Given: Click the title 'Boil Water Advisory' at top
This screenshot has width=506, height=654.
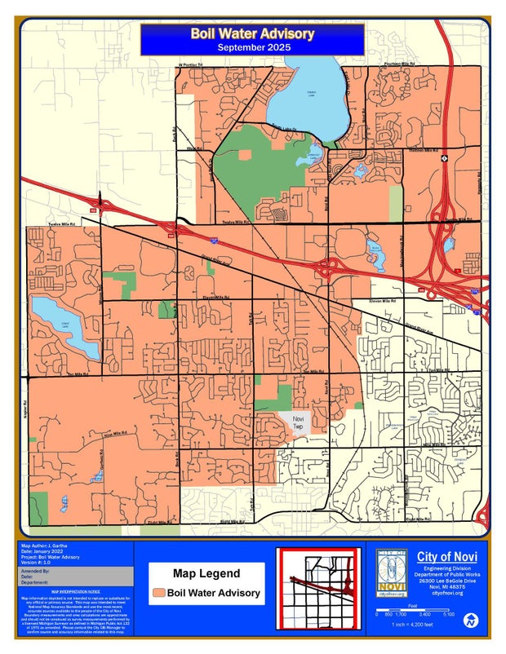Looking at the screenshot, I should [x=252, y=33].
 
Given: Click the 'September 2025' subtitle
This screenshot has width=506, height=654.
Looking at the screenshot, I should [x=252, y=48].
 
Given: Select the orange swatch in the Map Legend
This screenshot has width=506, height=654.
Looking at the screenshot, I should [x=160, y=593].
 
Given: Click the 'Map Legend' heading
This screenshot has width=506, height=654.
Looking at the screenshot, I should [x=206, y=574].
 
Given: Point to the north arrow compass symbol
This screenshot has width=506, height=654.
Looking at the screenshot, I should [x=470, y=621].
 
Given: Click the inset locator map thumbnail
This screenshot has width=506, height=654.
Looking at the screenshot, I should [x=318, y=586].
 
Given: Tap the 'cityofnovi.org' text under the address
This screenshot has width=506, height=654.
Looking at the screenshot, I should [x=447, y=593].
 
